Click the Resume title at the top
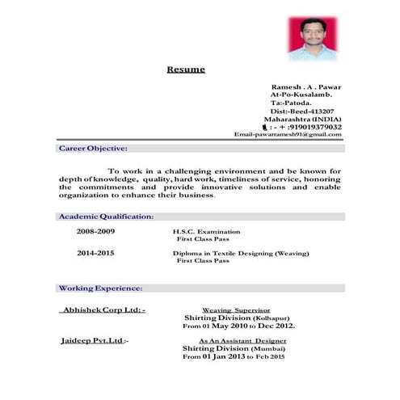tap(186, 69)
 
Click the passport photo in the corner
tap(313, 37)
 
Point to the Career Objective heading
tap(93, 149)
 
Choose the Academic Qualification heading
tap(106, 217)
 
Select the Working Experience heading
tap(101, 288)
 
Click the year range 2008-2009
tap(96, 231)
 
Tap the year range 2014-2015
tap(96, 253)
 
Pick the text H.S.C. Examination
tap(207, 231)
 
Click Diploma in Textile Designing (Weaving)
tap(241, 253)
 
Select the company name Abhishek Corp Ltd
tap(103, 309)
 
